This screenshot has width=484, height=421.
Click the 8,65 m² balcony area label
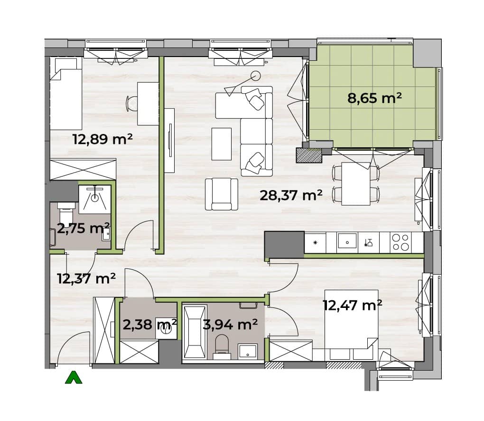374,98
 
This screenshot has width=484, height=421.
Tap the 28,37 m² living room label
291,195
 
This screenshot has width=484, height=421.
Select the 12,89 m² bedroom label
102,139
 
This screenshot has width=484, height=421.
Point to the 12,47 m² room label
353,305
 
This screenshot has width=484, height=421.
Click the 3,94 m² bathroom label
230,324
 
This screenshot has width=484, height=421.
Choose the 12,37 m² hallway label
86,278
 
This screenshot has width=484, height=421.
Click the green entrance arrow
74,377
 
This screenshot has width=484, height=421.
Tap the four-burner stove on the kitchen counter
400,242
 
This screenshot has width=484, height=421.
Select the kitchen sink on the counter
347,241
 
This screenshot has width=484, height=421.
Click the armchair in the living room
221,194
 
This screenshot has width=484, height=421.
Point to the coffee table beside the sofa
222,144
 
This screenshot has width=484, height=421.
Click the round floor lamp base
255,76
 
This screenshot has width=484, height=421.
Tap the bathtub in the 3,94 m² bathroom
195,333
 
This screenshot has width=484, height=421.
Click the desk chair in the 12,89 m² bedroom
131,104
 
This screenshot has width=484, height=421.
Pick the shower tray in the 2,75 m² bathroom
94,200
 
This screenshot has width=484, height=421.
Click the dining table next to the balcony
356,184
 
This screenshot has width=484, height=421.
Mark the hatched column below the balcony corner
309,155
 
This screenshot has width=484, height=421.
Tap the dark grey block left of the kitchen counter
284,245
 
